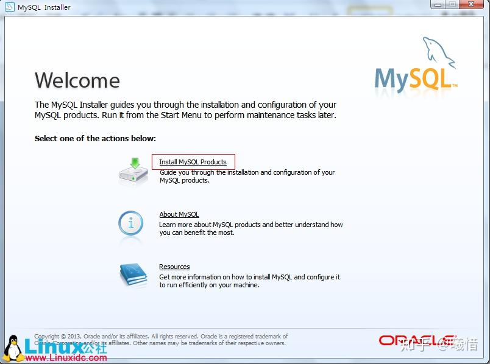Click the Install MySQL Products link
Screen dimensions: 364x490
(193, 162)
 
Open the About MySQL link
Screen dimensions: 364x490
(179, 214)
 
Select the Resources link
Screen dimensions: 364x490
(174, 267)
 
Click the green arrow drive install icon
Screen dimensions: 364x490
(133, 172)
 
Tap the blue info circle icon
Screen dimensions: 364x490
(131, 224)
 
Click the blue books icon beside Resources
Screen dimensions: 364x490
(133, 275)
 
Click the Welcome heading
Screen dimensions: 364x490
(77, 80)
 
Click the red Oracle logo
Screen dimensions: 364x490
(416, 340)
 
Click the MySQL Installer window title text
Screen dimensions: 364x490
(44, 7)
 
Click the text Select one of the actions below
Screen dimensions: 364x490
(95, 138)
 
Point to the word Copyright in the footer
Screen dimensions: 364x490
(47, 336)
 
